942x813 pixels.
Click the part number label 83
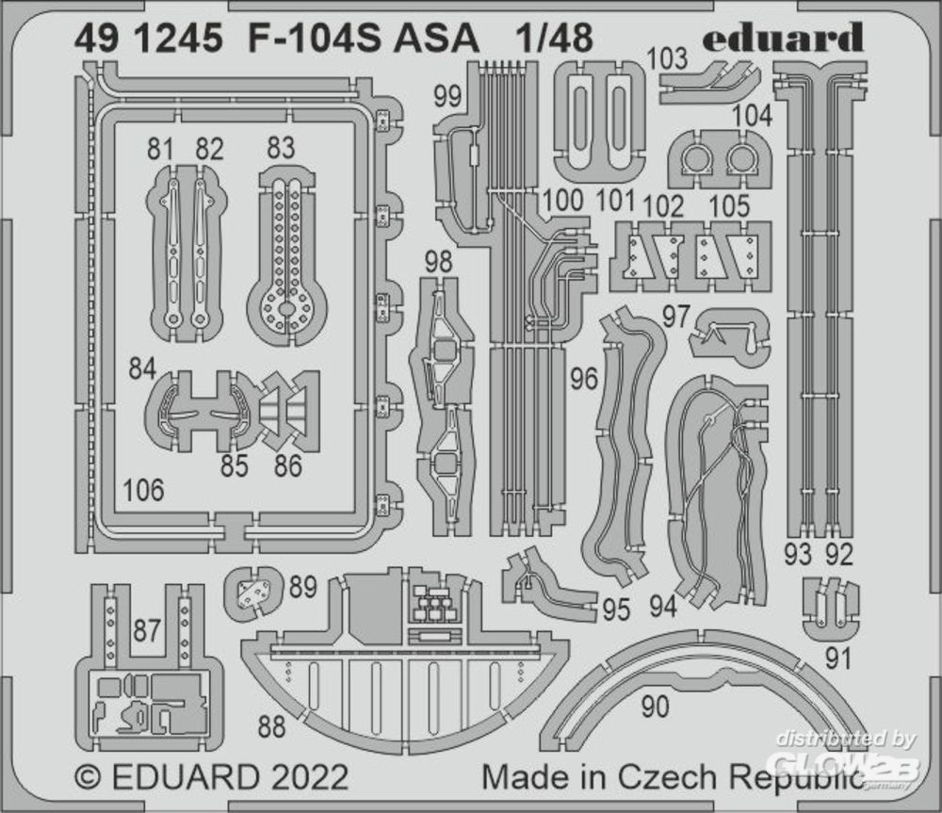280,149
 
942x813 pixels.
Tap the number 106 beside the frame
143,491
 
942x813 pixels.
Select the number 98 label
437,264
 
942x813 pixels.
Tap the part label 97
675,317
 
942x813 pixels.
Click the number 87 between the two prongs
146,631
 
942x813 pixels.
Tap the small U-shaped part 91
830,608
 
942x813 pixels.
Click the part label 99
448,96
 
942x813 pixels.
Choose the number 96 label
584,380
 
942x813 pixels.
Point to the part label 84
142,369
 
